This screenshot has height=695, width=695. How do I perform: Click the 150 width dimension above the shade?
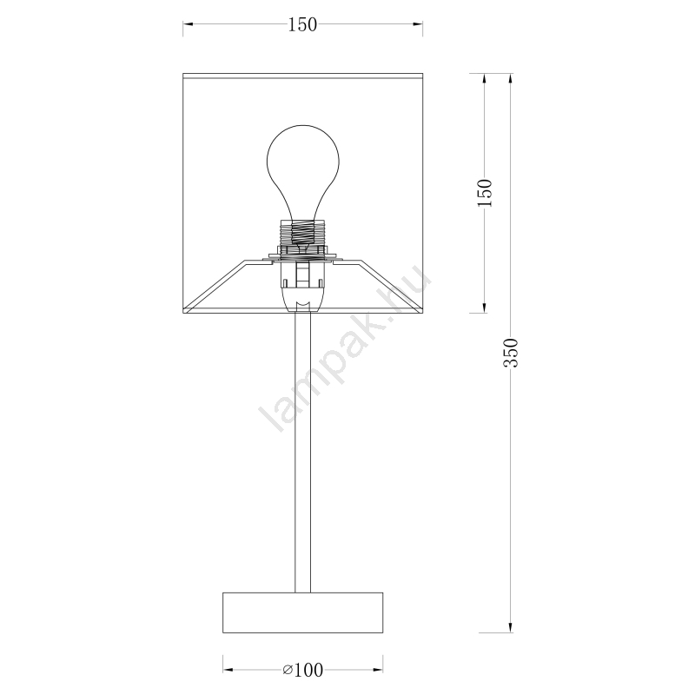pyautogui.click(x=302, y=24)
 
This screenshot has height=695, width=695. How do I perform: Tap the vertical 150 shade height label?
pyautogui.click(x=485, y=193)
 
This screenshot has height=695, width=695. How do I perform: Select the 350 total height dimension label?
pyautogui.click(x=511, y=353)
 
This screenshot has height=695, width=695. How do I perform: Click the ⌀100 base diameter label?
pyautogui.click(x=302, y=670)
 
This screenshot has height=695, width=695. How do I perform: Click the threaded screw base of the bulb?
pyautogui.click(x=303, y=233)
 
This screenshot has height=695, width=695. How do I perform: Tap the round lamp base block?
pyautogui.click(x=302, y=612)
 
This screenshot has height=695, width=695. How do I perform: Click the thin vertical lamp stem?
pyautogui.click(x=302, y=452)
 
